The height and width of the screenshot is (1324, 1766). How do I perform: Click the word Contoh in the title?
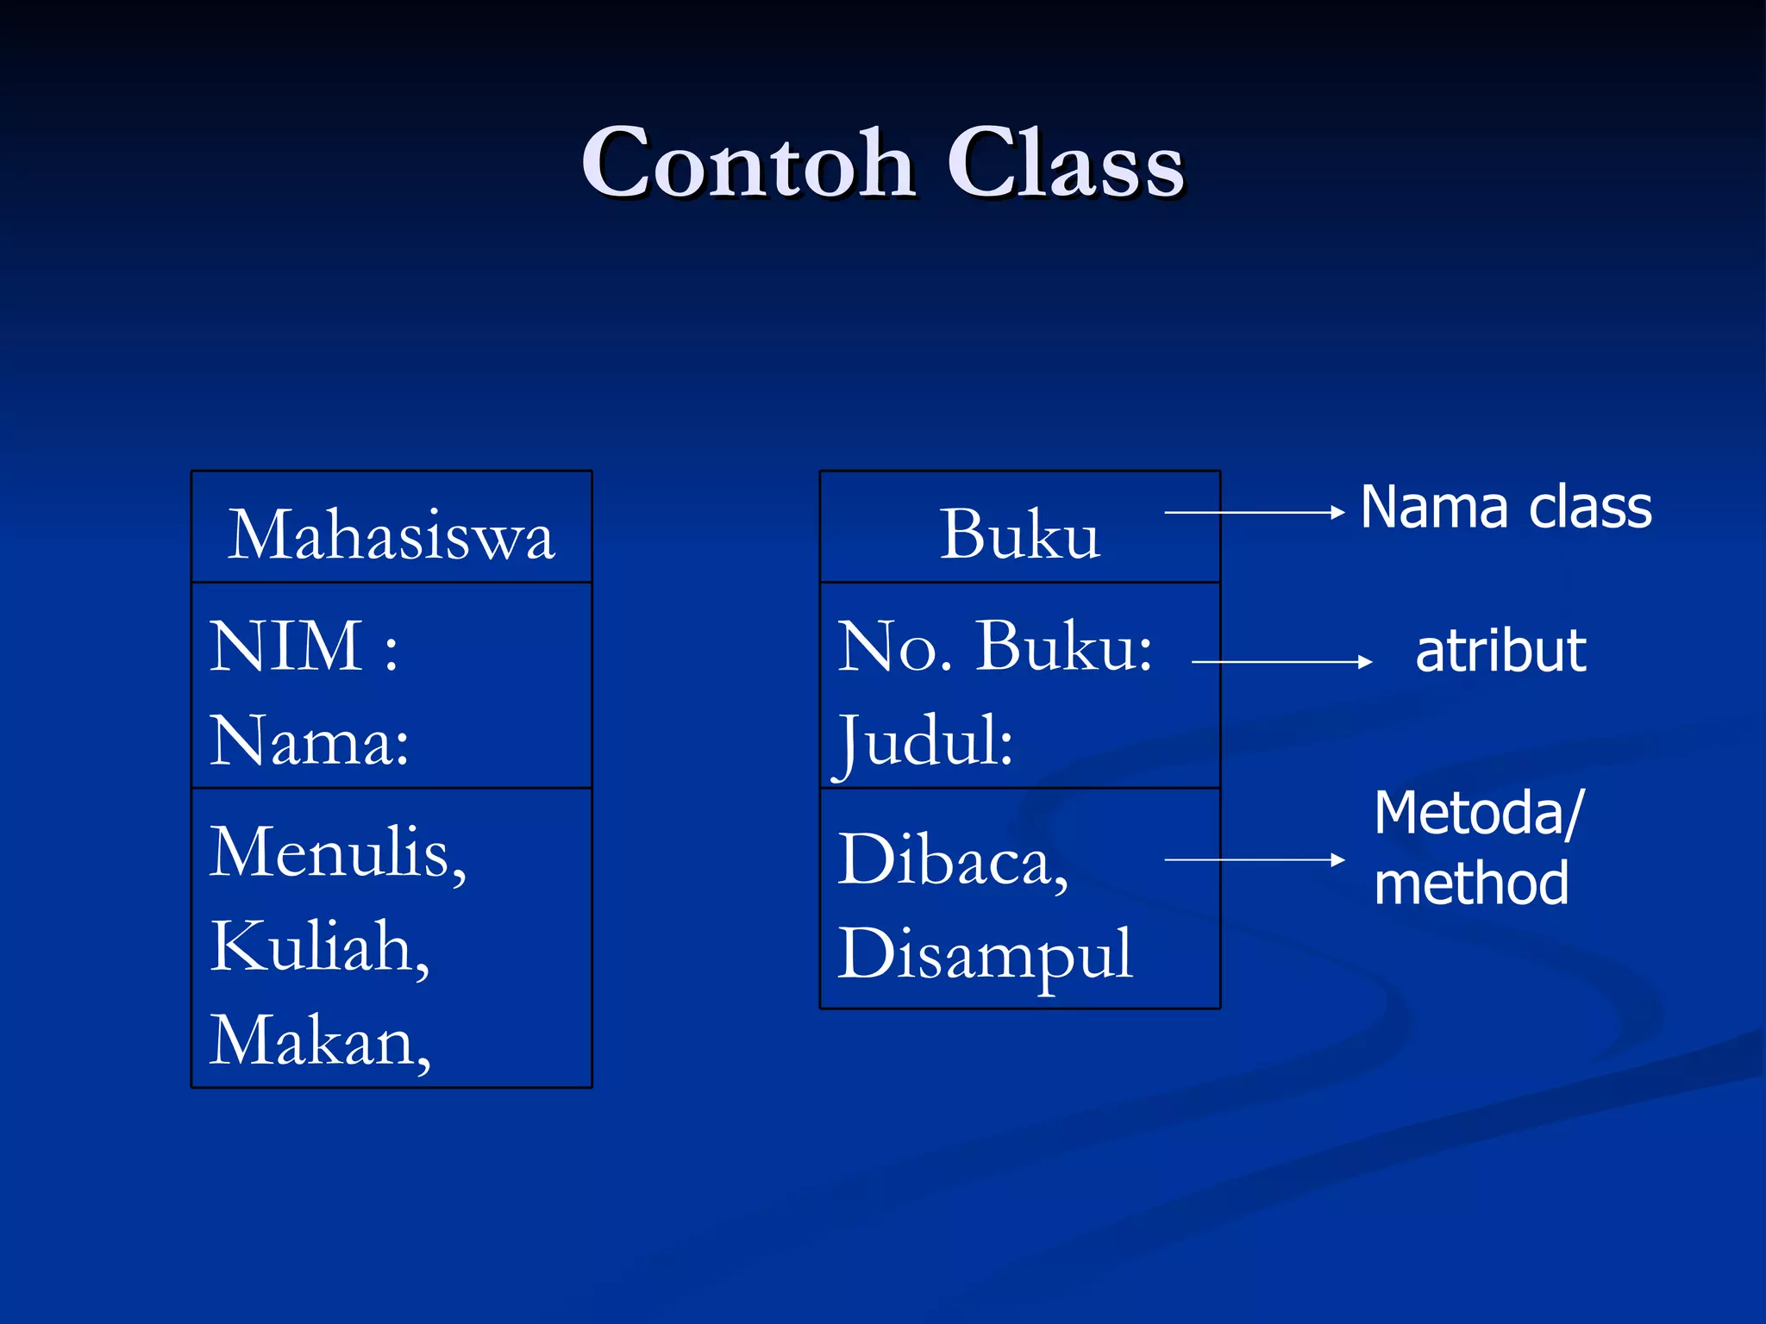click(747, 164)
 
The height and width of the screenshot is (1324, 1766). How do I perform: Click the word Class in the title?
click(1066, 164)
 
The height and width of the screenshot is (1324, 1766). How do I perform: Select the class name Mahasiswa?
click(391, 536)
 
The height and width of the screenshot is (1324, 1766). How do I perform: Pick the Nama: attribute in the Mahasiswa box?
click(309, 741)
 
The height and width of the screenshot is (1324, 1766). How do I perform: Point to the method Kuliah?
click(319, 947)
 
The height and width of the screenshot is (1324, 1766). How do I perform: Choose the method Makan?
click(319, 1042)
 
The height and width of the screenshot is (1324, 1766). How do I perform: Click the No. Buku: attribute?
click(994, 646)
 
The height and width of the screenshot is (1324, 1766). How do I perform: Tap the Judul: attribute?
click(926, 741)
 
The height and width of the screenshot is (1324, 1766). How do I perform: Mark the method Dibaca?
click(953, 860)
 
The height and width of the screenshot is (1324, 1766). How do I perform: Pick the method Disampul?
click(985, 955)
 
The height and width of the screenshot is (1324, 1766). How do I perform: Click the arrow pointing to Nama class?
click(1254, 513)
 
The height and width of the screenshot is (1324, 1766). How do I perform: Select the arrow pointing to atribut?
click(1281, 662)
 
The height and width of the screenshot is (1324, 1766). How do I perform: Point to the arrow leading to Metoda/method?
click(1254, 859)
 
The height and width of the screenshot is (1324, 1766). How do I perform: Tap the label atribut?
click(1500, 651)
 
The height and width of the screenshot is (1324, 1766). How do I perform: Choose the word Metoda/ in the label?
click(1478, 813)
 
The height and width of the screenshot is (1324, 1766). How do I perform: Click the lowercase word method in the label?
click(1471, 884)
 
